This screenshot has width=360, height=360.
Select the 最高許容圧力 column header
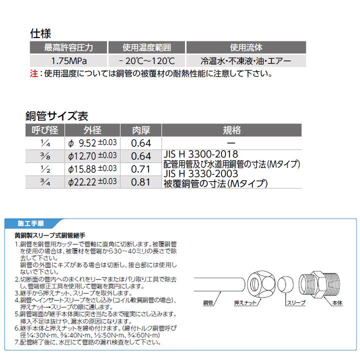click(69, 48)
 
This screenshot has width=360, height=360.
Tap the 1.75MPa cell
click(69, 61)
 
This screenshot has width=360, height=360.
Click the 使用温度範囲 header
click(146, 48)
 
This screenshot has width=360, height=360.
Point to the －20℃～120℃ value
click(146, 61)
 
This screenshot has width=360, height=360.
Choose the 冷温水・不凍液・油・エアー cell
click(245, 61)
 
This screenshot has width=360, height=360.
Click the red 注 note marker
click(33, 74)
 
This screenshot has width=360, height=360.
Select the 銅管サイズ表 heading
click(57, 116)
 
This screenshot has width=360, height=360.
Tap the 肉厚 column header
click(140, 130)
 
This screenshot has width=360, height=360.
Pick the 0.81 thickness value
click(140, 182)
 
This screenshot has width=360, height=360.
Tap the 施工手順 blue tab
click(30, 222)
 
